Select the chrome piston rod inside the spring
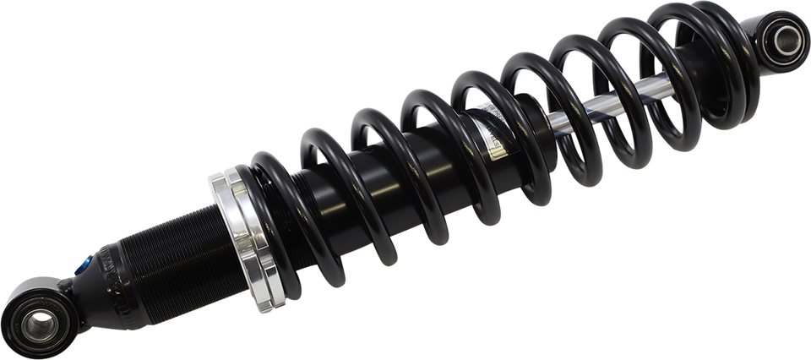(583, 114)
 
